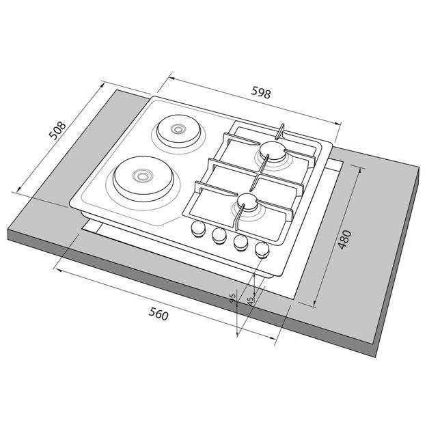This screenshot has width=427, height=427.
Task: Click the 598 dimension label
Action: click(261, 93)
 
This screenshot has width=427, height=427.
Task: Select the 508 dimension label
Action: click(57, 130)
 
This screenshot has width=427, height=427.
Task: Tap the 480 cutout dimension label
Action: click(345, 240)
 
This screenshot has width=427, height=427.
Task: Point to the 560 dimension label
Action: click(159, 314)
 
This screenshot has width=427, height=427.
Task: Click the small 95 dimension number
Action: click(233, 299)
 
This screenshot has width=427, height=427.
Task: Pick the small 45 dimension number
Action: click(250, 301)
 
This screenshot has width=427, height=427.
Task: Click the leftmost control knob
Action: click(198, 228)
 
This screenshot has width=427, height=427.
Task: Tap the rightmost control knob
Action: click(262, 250)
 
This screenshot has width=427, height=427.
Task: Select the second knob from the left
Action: click(219, 235)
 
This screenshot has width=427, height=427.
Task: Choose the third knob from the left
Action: click(240, 243)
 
